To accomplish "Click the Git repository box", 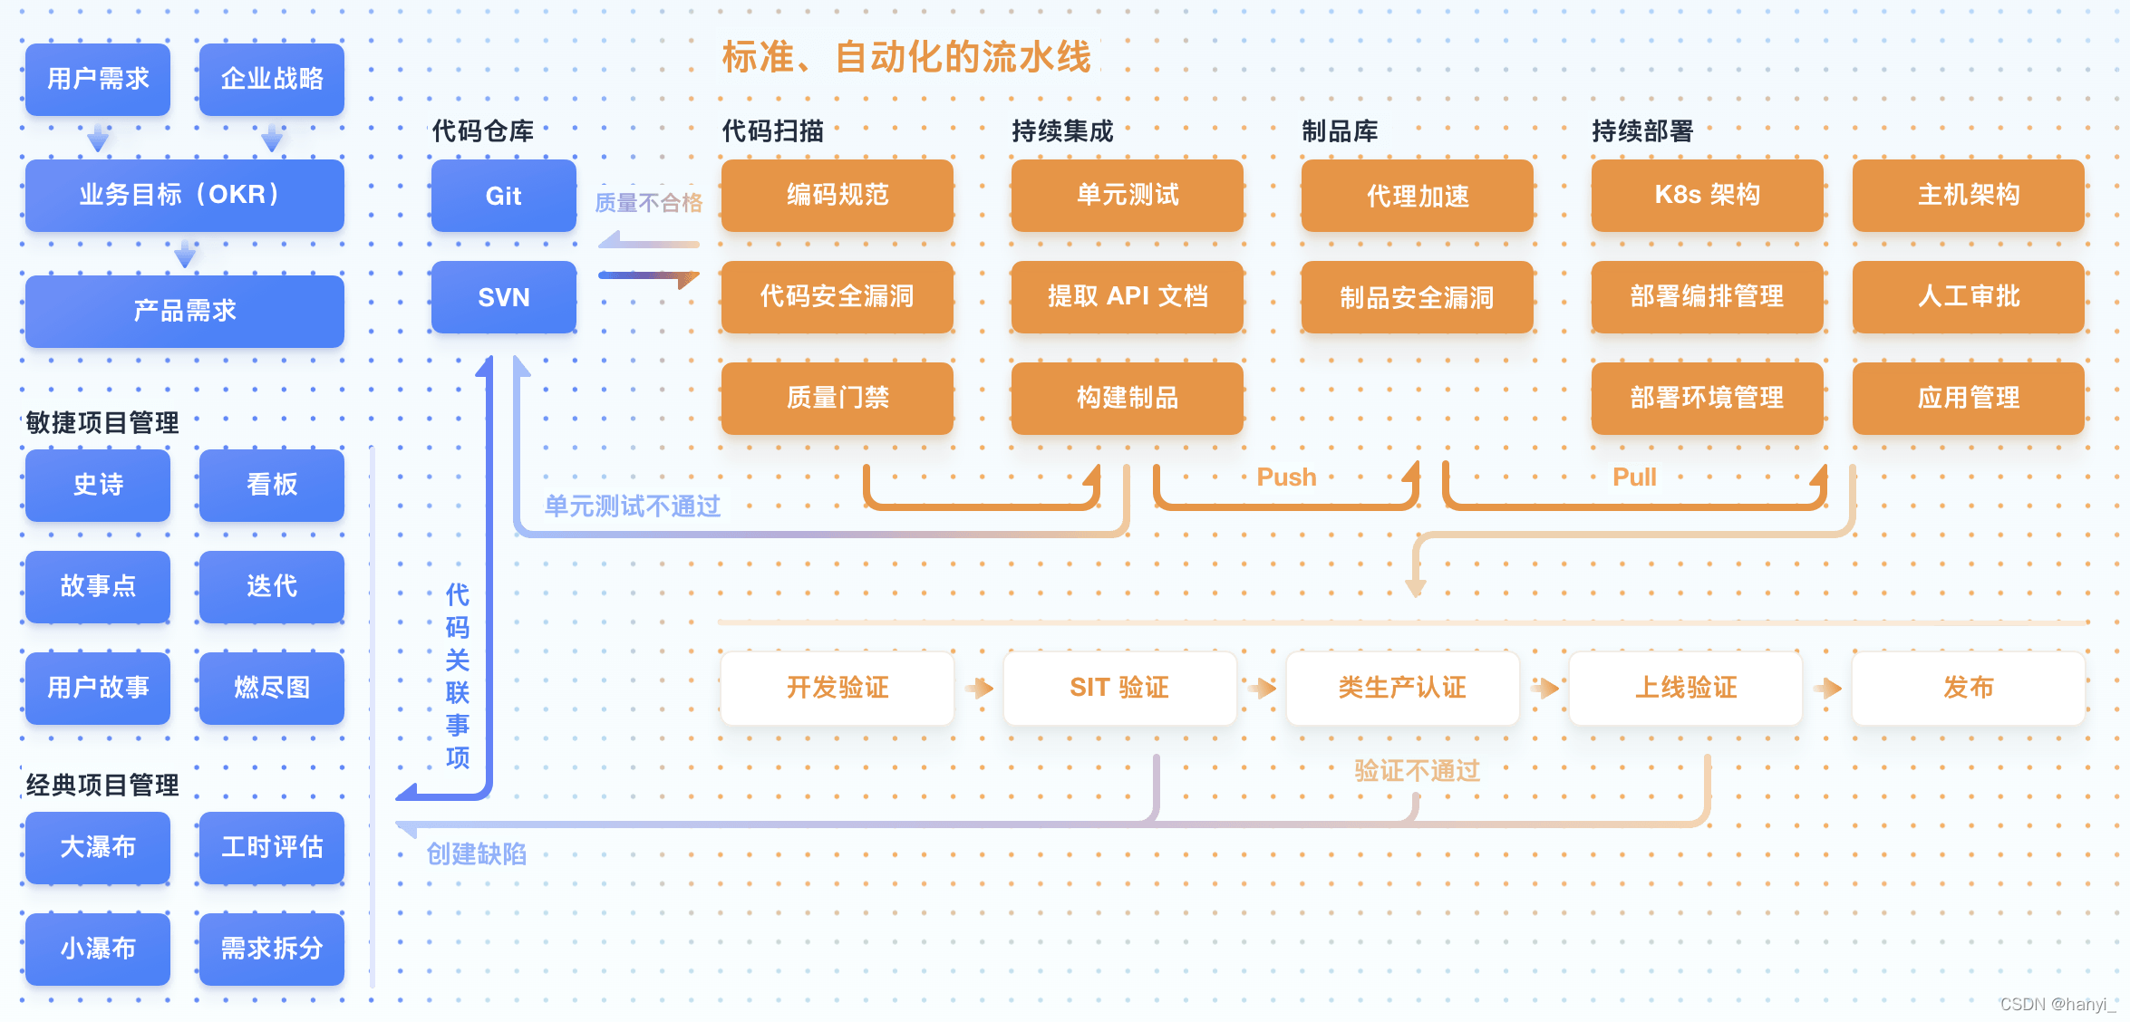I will [x=503, y=196].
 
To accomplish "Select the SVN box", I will [x=503, y=297].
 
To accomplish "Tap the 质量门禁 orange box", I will [x=837, y=398].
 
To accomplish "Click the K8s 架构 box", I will [x=1707, y=195].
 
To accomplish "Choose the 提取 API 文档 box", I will [x=1127, y=296].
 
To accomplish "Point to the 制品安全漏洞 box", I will [x=1417, y=297].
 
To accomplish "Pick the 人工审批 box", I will [x=1968, y=296].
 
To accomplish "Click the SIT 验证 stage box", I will [x=1119, y=688].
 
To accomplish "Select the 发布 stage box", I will [x=1968, y=688].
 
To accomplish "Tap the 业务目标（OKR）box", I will [x=184, y=195].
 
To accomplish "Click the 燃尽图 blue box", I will [x=271, y=688].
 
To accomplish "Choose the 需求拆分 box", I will [x=271, y=949].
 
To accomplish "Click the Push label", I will [x=1286, y=477].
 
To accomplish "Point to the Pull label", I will [x=1634, y=477].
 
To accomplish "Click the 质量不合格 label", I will [x=648, y=203].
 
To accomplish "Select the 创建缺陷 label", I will [x=476, y=853].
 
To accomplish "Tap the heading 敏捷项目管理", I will [x=102, y=422].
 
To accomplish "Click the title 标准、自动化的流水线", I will [x=906, y=57].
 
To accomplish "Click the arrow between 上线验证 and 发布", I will [x=1827, y=689].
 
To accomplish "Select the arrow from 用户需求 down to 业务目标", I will [x=98, y=139].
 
